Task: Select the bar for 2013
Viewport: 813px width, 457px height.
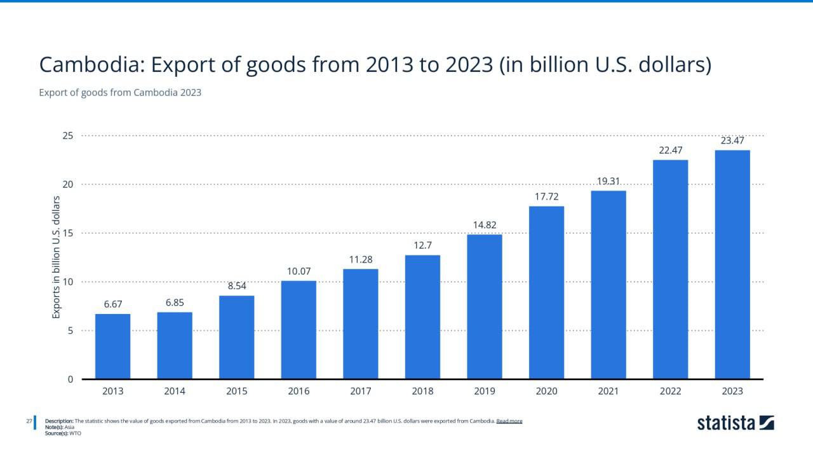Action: pyautogui.click(x=112, y=346)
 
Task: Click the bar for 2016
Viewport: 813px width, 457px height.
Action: pyautogui.click(x=299, y=330)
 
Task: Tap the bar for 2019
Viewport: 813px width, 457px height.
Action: pyautogui.click(x=484, y=306)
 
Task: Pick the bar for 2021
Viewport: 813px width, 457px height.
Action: pyautogui.click(x=608, y=285)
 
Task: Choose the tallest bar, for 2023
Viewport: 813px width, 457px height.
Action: pyautogui.click(x=732, y=264)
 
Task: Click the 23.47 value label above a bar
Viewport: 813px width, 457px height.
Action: pyautogui.click(x=732, y=140)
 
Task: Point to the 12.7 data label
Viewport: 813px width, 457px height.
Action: pyautogui.click(x=423, y=245)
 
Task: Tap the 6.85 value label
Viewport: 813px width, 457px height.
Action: pyautogui.click(x=175, y=303)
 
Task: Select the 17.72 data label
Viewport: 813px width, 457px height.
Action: pyautogui.click(x=547, y=196)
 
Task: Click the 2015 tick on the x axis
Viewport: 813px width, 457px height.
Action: pyautogui.click(x=237, y=392)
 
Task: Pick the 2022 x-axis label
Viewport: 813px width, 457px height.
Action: pyautogui.click(x=670, y=392)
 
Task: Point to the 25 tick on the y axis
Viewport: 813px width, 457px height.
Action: pyautogui.click(x=68, y=136)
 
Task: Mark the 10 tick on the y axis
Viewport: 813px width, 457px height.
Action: pyautogui.click(x=68, y=282)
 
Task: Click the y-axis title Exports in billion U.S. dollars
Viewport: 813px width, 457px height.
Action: pyautogui.click(x=56, y=257)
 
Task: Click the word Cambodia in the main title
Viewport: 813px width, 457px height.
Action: pyautogui.click(x=92, y=65)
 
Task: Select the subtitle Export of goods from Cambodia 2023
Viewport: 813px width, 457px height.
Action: pyautogui.click(x=120, y=93)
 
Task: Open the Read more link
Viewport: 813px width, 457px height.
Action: pyautogui.click(x=509, y=421)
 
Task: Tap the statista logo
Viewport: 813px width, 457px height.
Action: pyautogui.click(x=736, y=423)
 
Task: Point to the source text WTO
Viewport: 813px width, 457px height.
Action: pyautogui.click(x=75, y=433)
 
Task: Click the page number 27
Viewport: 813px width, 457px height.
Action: pyautogui.click(x=29, y=421)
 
